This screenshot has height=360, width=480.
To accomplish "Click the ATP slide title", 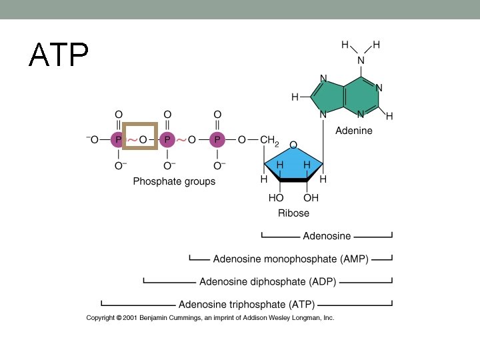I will tap(59, 55).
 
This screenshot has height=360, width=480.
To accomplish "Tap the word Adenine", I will tap(353, 131).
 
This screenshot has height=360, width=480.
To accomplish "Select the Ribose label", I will tap(293, 213).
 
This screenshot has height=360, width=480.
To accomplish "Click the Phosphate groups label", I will tap(174, 181).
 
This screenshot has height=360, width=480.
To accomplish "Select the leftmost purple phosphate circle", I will tap(118, 140).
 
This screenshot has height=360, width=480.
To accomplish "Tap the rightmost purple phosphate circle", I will tap(217, 140).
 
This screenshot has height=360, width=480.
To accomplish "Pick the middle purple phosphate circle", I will tap(167, 140).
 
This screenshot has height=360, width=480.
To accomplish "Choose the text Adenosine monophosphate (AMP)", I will tap(291, 259).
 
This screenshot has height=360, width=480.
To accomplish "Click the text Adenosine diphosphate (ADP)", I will tap(267, 281).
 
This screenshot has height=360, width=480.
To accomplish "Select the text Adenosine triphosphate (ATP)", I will tap(247, 304).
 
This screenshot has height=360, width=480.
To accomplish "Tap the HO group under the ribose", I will tap(276, 198).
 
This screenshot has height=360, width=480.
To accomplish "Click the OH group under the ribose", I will tap(311, 198).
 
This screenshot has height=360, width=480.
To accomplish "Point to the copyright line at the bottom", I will tap(210, 318).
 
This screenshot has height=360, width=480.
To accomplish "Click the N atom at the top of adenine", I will tap(361, 60).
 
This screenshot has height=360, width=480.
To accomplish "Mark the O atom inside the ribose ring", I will tap(293, 145).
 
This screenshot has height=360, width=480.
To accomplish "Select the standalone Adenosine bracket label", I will tap(327, 236).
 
